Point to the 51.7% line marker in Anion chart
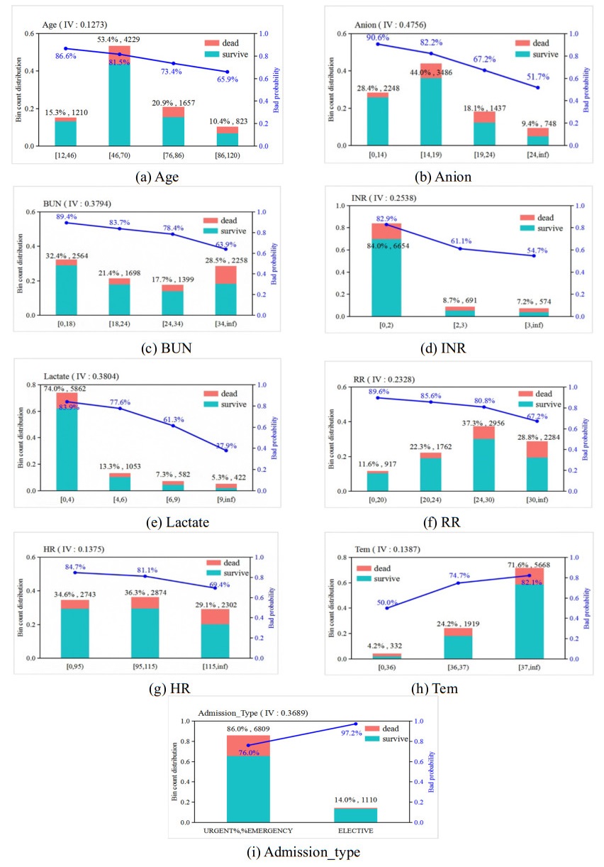pyautogui.click(x=538, y=87)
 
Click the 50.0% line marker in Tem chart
pyautogui.click(x=387, y=608)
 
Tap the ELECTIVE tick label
pyautogui.click(x=355, y=829)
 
